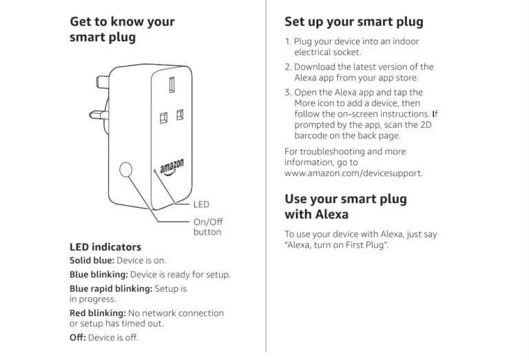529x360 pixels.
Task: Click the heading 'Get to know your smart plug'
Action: click(x=122, y=29)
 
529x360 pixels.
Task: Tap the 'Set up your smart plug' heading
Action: click(x=353, y=21)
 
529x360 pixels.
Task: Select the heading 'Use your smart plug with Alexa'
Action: click(x=345, y=207)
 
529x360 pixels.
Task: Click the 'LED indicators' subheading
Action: click(x=105, y=246)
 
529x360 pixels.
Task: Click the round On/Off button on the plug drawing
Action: click(x=126, y=170)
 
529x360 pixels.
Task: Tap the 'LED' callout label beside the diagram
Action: click(x=201, y=204)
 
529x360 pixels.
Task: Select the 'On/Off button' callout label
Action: click(x=207, y=226)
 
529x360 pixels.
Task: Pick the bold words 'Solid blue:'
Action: click(x=92, y=261)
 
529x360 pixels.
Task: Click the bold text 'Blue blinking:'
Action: click(x=98, y=275)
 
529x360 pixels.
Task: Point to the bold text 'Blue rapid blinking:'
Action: click(x=111, y=288)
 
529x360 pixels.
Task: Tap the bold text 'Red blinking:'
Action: click(x=97, y=313)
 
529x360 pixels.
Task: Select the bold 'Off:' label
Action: click(x=78, y=337)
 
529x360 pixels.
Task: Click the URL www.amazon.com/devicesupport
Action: click(x=353, y=173)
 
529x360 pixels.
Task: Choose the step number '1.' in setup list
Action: click(x=288, y=41)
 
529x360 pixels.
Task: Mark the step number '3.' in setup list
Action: click(x=288, y=92)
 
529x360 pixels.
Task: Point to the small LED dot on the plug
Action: click(x=155, y=171)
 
